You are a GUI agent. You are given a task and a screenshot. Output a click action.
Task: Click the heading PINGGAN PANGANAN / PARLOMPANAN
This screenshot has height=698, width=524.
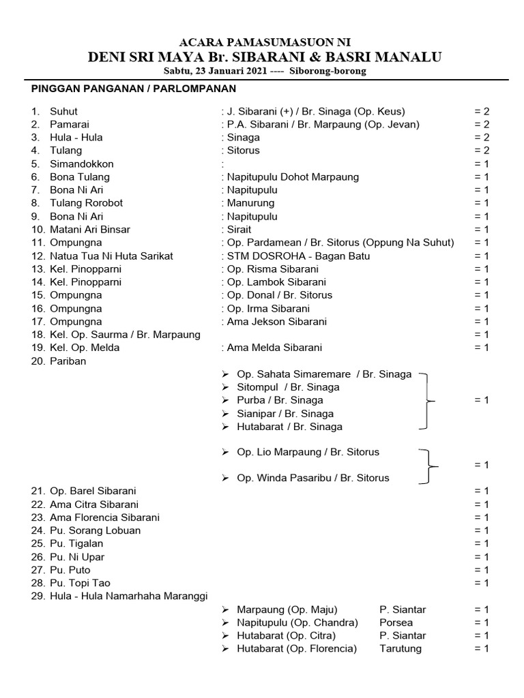click(134, 89)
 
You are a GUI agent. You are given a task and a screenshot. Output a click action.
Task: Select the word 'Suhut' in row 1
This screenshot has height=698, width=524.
click(63, 111)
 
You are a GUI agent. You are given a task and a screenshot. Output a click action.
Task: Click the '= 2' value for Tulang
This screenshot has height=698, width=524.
click(482, 151)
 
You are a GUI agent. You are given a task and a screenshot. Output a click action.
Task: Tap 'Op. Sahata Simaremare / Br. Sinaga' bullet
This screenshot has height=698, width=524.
click(323, 374)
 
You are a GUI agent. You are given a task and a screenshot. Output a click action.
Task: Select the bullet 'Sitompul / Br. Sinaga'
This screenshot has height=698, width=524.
click(287, 387)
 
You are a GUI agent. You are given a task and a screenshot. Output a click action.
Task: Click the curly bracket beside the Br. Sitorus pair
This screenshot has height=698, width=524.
click(428, 465)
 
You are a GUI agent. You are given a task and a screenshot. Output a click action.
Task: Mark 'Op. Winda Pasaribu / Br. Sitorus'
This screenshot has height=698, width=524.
click(312, 478)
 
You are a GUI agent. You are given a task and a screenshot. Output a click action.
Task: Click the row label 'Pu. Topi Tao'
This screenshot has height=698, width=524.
click(80, 583)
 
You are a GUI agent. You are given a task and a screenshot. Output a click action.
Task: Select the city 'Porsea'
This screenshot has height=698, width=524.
click(396, 622)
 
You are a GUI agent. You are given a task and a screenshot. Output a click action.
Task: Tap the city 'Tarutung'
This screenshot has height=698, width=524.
click(401, 649)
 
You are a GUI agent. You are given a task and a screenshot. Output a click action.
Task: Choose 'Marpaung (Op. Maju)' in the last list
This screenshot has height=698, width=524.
click(287, 609)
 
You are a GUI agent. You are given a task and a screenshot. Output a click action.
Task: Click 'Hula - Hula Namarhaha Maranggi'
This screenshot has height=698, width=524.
click(128, 596)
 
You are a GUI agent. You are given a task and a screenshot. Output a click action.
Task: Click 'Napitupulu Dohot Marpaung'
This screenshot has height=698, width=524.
click(292, 177)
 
